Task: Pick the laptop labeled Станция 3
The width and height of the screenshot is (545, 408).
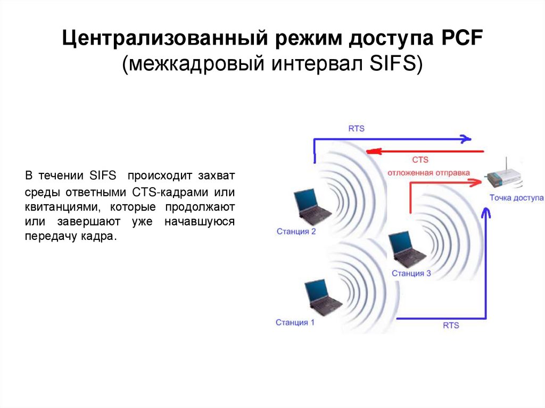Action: [x=406, y=249]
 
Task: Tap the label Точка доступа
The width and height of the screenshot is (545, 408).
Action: [x=516, y=198]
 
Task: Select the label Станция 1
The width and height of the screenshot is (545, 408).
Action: [x=295, y=322]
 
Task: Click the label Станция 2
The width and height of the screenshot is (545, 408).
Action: [x=296, y=231]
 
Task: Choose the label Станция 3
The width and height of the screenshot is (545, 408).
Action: [x=411, y=273]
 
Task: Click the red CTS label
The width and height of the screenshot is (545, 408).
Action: [x=420, y=160]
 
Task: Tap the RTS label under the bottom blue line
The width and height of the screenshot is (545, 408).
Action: [x=451, y=325]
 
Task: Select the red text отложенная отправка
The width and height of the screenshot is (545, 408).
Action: [x=428, y=172]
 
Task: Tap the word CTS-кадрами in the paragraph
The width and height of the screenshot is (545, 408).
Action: [x=158, y=191]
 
